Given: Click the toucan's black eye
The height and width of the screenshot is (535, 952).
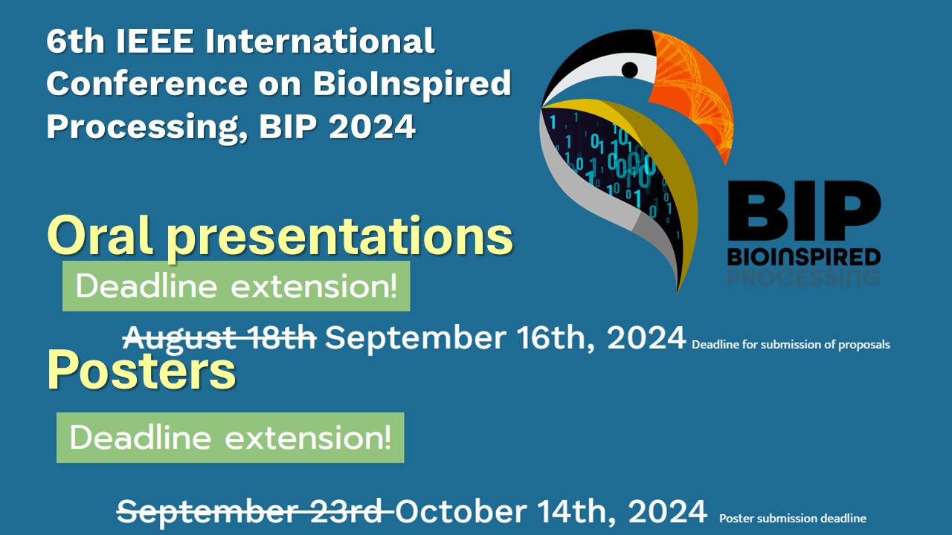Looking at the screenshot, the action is [x=629, y=70].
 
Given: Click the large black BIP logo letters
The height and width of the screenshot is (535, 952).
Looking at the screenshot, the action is [x=804, y=210].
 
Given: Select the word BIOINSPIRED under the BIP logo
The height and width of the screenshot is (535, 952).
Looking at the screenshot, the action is [x=804, y=257].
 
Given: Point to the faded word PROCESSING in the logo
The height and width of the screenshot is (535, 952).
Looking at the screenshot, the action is [x=804, y=277].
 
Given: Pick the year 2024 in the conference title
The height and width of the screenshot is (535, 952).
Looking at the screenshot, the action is [x=373, y=126].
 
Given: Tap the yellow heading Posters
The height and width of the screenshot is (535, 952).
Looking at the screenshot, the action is [x=141, y=369].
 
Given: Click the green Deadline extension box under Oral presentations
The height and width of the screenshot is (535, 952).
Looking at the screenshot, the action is [x=237, y=286].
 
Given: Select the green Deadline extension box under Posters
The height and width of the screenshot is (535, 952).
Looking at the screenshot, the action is [x=231, y=438].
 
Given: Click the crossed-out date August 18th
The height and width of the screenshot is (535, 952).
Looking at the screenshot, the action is [x=219, y=338].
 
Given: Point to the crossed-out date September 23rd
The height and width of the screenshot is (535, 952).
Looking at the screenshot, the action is [x=255, y=511].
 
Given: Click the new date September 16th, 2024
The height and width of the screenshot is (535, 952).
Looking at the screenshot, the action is [x=505, y=338].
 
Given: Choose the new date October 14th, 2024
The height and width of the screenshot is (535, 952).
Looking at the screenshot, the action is [x=551, y=511].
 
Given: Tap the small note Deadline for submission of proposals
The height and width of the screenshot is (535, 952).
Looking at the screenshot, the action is [x=791, y=344].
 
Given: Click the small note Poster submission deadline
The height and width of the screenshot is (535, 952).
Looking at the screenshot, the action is [x=793, y=519].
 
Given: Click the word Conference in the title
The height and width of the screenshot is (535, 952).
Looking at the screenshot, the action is [x=147, y=84].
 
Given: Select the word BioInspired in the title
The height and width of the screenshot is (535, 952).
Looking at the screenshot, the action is [x=412, y=84].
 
